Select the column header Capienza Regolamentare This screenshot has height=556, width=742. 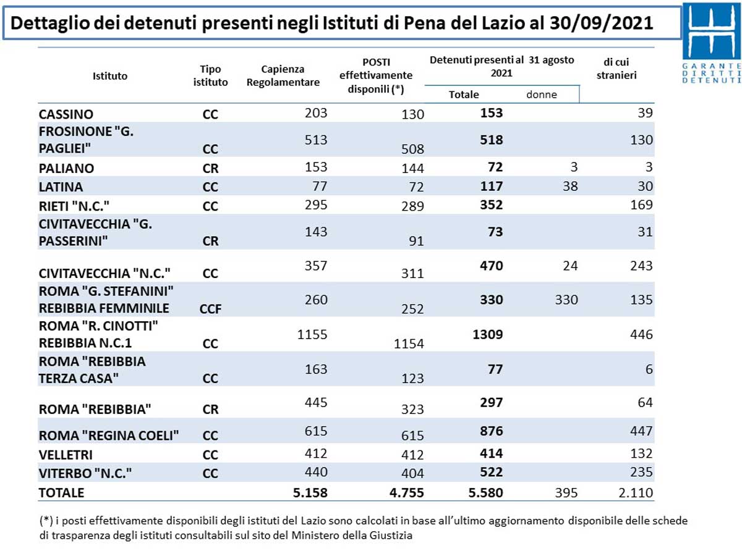pos(283,76)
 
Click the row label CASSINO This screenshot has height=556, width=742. pos(66,114)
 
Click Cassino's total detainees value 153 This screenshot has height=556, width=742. pos(492,113)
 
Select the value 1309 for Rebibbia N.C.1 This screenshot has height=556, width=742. pos(488,334)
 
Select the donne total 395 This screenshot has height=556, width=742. pos(565,492)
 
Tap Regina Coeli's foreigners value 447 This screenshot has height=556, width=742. pos(641,431)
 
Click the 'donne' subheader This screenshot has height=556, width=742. pos(542,95)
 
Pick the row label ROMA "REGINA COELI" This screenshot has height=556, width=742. pos(109,436)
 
